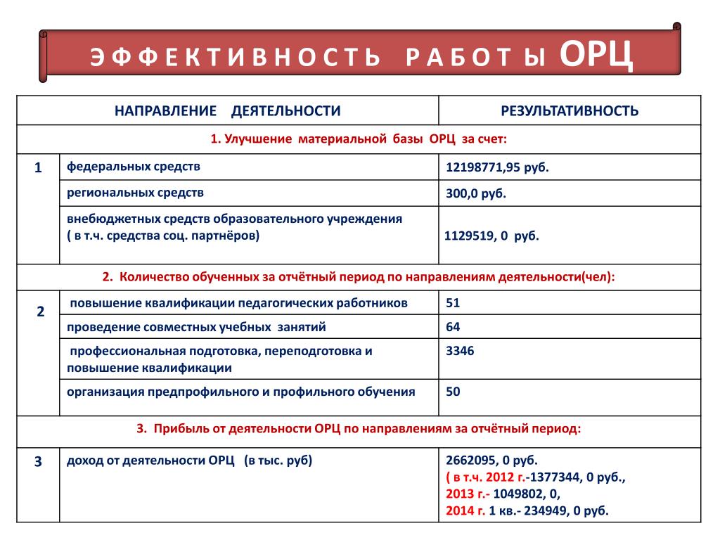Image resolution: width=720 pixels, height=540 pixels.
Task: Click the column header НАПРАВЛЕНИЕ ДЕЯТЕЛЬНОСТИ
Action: [228, 111]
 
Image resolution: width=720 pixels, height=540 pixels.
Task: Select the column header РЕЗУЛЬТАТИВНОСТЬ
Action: [570, 111]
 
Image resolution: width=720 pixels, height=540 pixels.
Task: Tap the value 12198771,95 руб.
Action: [496, 167]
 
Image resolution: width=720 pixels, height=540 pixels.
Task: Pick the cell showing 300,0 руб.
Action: [476, 193]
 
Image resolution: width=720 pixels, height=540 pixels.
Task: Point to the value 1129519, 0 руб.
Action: [491, 236]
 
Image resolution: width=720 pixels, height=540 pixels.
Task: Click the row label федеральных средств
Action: [134, 167]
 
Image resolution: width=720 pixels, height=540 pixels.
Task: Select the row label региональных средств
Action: [136, 192]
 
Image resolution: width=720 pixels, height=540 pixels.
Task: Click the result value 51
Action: [453, 303]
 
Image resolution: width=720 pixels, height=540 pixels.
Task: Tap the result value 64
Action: [453, 327]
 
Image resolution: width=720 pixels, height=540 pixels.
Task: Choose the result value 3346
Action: [460, 351]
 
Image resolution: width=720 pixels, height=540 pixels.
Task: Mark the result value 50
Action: [453, 391]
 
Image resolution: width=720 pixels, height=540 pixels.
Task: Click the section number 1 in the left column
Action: [39, 167]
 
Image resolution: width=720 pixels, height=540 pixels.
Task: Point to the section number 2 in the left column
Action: [40, 311]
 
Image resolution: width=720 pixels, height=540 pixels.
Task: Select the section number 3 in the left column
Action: [39, 462]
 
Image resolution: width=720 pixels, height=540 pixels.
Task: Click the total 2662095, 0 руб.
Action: [491, 461]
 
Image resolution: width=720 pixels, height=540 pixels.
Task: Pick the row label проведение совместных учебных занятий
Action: [196, 327]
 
